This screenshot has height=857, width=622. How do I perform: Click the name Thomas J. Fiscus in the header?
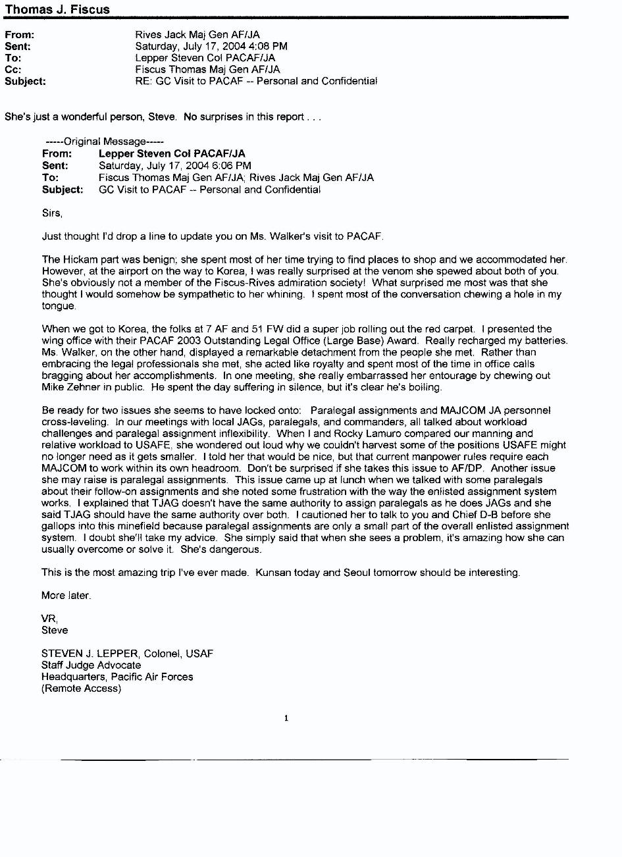57,9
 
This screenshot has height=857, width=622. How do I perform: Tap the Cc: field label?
13,69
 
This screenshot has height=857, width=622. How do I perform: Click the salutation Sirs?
52,213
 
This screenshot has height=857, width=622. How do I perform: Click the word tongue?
58,306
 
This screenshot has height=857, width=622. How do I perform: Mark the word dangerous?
237,550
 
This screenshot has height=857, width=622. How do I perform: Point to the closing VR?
49,619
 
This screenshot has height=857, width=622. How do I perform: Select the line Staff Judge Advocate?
91,665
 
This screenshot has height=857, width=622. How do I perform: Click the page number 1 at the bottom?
286,718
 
